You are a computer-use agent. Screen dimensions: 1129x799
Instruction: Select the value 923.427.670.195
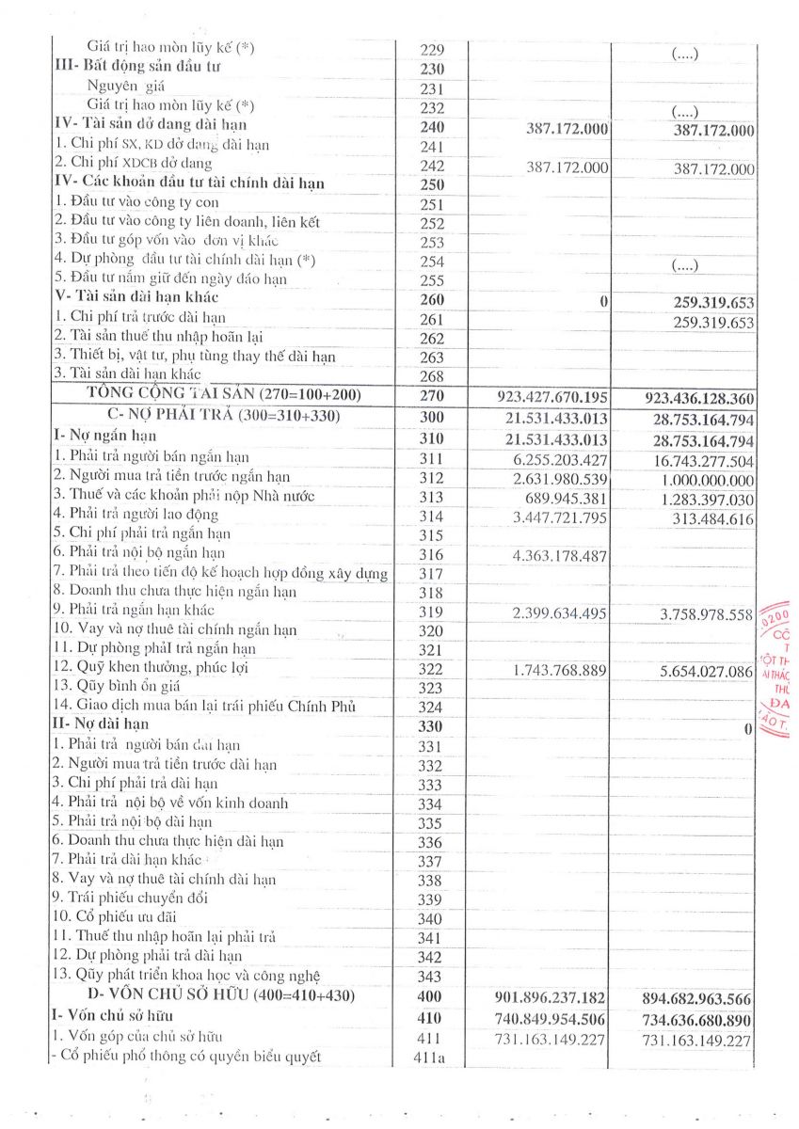coord(550,395)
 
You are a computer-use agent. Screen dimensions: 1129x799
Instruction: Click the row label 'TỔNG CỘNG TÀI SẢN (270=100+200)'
coord(223,393)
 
